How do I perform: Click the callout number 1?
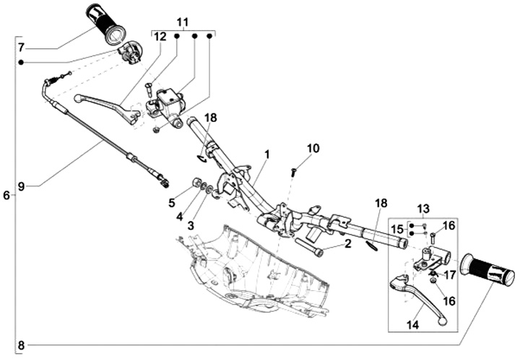click(x=266, y=155)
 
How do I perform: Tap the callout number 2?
click(x=347, y=244)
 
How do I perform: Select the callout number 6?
click(x=6, y=196)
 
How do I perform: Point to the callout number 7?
click(x=21, y=48)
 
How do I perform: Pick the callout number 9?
click(x=21, y=186)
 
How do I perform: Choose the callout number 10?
click(x=312, y=149)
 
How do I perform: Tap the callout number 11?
click(x=182, y=22)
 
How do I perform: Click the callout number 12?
click(x=160, y=36)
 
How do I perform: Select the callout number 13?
click(x=423, y=209)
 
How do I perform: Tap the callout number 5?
click(x=173, y=203)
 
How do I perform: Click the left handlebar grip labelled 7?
click(x=105, y=22)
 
